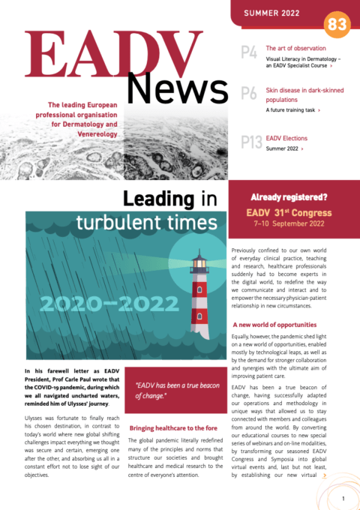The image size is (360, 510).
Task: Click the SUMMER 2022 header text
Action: pyautogui.click(x=275, y=13)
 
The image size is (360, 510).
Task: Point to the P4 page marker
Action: pyautogui.click(x=250, y=52)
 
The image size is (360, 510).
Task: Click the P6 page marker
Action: pyautogui.click(x=250, y=94)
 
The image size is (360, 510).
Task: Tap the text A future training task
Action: pyautogui.click(x=291, y=110)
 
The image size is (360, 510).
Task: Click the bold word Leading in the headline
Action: pyautogui.click(x=154, y=199)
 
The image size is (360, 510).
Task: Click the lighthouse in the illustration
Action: pyautogui.click(x=199, y=296)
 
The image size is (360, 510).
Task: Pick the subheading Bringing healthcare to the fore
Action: pyautogui.click(x=173, y=427)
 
